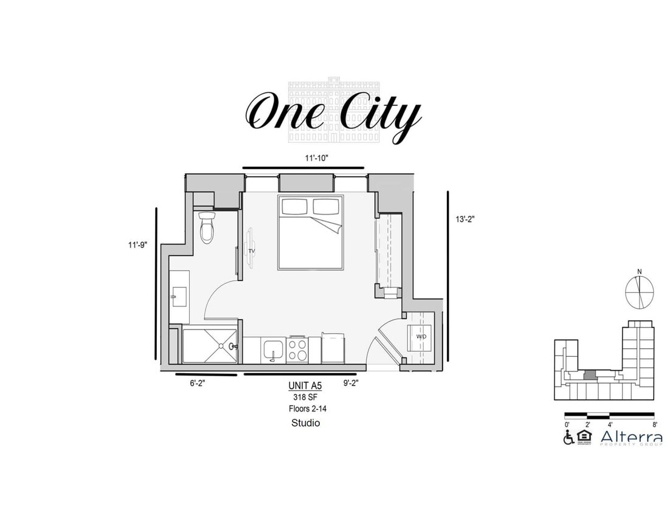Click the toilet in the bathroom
pos(207,228)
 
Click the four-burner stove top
pos(297,350)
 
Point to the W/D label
pos(421,337)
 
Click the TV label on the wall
pos(251,250)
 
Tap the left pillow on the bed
pos(294,207)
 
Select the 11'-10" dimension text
pos(316,158)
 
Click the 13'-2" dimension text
pos(465,219)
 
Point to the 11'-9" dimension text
pos(138,245)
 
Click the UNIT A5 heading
pos(305,385)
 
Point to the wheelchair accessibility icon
pos(569,438)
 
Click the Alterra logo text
pos(632,436)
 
